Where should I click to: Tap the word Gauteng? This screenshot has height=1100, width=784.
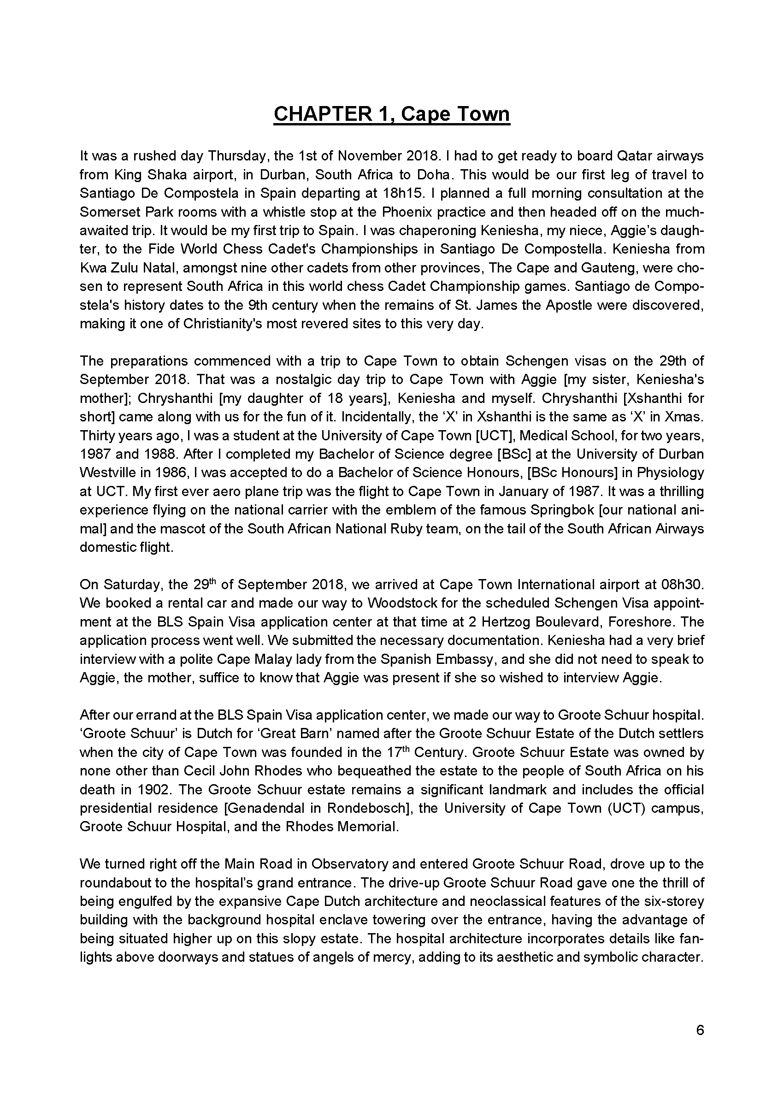(x=611, y=267)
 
